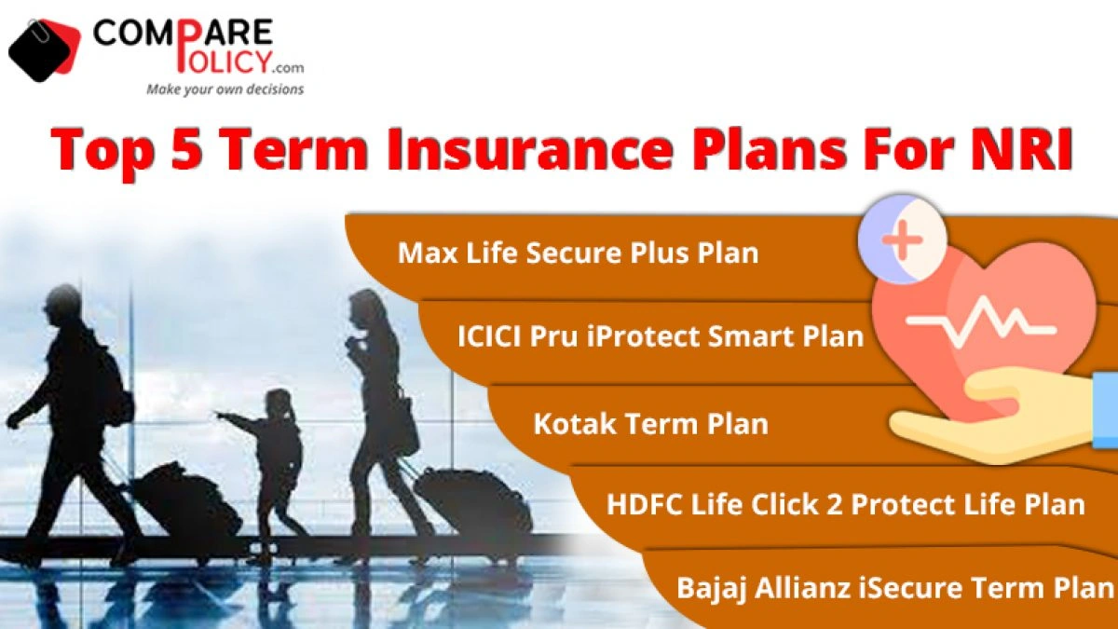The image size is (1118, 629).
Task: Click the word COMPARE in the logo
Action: pyautogui.click(x=183, y=34)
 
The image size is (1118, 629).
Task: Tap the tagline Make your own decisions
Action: pyautogui.click(x=225, y=89)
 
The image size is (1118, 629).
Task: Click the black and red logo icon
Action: pyautogui.click(x=45, y=49)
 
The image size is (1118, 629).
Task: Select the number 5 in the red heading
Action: pyautogui.click(x=186, y=149)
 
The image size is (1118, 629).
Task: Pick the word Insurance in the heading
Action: pyautogui.click(x=530, y=149)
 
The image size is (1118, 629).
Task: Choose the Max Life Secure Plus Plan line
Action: pyautogui.click(x=578, y=253)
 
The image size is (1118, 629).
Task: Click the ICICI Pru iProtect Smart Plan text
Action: pyautogui.click(x=661, y=336)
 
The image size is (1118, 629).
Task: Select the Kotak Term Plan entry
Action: pyautogui.click(x=651, y=423)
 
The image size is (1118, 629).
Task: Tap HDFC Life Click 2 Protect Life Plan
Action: pyautogui.click(x=846, y=504)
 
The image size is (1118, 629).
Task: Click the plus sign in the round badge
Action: pyautogui.click(x=902, y=240)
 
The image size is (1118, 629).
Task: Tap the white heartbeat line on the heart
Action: pyautogui.click(x=981, y=321)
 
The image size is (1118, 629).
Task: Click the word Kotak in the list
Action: pyautogui.click(x=574, y=423)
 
